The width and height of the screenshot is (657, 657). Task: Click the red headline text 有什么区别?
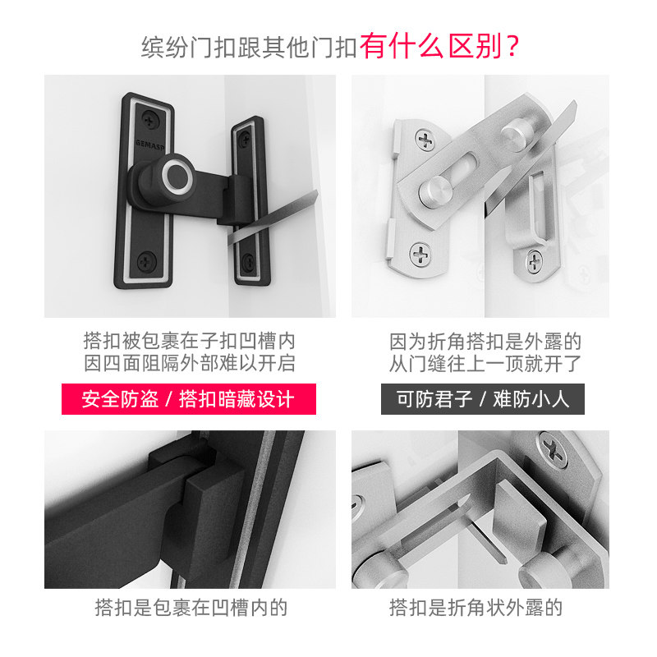point(439,46)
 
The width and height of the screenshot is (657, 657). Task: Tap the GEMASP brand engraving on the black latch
point(149,145)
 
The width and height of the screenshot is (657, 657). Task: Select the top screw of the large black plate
point(150,119)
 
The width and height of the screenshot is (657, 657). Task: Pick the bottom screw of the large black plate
point(147,261)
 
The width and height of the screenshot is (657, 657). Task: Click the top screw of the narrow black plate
point(245,140)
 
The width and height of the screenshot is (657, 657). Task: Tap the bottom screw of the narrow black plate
point(248,261)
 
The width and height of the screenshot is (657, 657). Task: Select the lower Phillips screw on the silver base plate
point(420,255)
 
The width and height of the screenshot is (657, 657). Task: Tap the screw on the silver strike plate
point(535,261)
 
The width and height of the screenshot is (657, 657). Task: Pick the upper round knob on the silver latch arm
point(516,133)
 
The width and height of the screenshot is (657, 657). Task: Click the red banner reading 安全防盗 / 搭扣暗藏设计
point(189,398)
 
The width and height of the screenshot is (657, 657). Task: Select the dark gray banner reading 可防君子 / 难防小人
point(483,398)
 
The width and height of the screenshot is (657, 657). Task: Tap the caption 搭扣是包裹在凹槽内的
point(191,607)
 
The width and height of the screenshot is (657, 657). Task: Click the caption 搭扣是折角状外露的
point(476,607)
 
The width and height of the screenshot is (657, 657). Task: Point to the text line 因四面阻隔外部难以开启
point(190,363)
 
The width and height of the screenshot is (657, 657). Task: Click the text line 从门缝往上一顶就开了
point(485,363)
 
